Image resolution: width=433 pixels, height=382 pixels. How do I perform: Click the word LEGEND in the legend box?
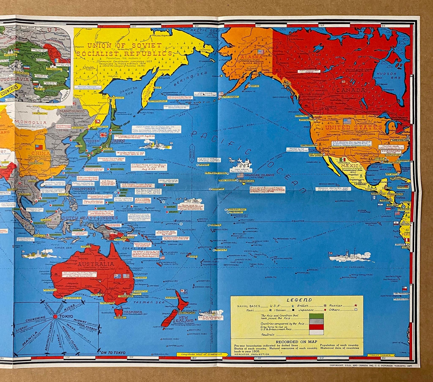tap(296, 300)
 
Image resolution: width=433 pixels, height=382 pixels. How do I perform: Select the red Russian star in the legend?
tap(355, 305)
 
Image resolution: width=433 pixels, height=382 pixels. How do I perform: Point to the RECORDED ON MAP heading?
tap(297, 342)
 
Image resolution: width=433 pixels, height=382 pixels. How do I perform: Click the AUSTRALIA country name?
tap(96, 264)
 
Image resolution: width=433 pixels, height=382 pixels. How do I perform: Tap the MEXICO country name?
tap(352, 165)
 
